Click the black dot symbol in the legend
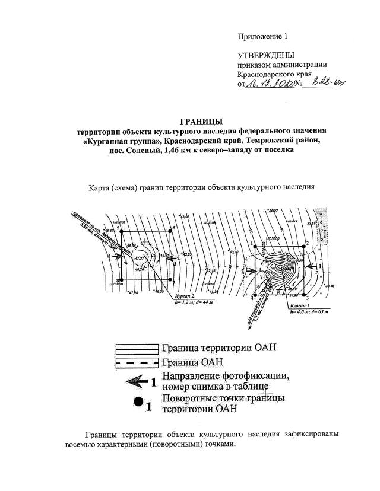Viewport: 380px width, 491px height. [138, 401]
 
